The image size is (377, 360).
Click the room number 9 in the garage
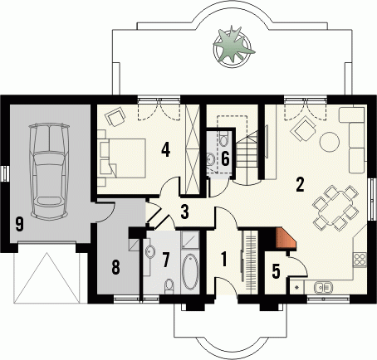19,224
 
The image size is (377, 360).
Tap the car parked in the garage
50,172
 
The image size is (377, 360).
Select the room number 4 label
166,150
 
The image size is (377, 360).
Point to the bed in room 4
122,158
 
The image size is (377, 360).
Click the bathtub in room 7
190,271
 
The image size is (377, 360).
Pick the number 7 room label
165,260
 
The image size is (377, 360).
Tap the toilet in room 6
223,139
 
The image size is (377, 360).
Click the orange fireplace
286,239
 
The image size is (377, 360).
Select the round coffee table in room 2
330,142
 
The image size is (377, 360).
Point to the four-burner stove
360,260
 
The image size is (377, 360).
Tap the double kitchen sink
323,287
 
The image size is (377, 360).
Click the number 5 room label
276,271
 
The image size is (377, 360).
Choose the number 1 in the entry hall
224,260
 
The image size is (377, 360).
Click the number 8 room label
115,267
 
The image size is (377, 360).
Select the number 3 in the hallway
185,212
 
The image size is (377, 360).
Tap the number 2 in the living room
301,184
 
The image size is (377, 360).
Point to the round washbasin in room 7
150,251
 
